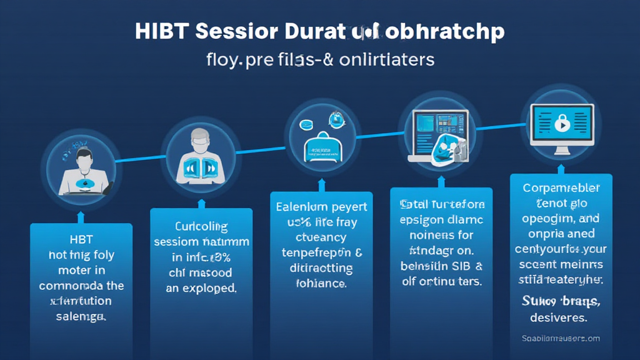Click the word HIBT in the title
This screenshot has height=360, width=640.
[x=161, y=32]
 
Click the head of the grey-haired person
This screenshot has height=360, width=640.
[x=199, y=139]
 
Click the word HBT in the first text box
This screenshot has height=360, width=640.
[x=80, y=240]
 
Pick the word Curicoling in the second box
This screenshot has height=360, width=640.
[x=201, y=226]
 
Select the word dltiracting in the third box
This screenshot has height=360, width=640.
[x=321, y=269]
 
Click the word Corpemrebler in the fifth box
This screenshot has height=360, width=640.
[x=561, y=188]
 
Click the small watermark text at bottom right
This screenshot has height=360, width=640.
[x=561, y=338]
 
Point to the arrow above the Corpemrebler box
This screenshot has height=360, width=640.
[x=561, y=167]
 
